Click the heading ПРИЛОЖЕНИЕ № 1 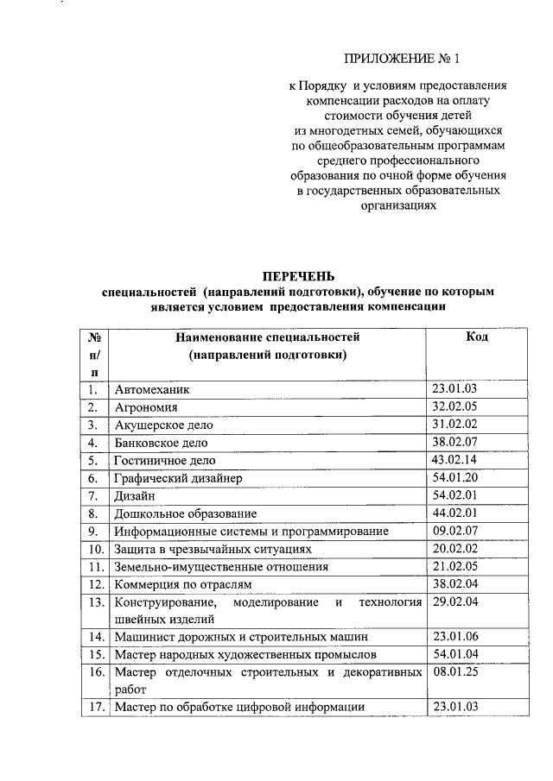point(404,59)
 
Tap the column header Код point(476,337)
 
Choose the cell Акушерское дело point(163,425)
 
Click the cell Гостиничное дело point(165,461)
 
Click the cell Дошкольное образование point(185,513)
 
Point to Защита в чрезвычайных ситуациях point(219,549)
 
